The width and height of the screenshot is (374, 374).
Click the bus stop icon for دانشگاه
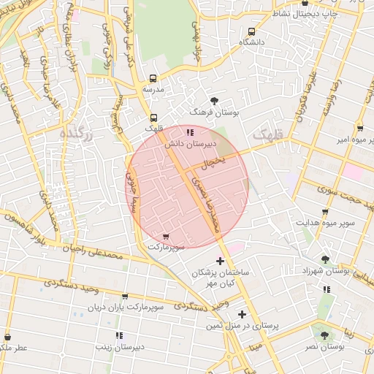(x=252, y=31)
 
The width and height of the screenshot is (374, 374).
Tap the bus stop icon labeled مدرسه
(x=153, y=78)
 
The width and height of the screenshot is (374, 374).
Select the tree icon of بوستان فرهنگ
(x=213, y=101)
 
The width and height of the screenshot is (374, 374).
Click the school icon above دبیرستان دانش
(x=190, y=132)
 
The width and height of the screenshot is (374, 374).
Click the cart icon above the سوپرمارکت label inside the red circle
(x=167, y=237)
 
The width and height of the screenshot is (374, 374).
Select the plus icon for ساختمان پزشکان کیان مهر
(x=221, y=261)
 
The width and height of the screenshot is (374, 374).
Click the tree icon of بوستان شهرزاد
(x=325, y=259)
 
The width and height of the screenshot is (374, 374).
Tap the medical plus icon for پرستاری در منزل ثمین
(x=242, y=314)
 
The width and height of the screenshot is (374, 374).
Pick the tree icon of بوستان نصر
(x=322, y=335)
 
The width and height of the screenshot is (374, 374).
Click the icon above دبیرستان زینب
(x=118, y=335)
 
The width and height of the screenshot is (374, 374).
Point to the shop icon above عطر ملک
(x=8, y=337)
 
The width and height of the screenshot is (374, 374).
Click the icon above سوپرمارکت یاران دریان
(x=125, y=297)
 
